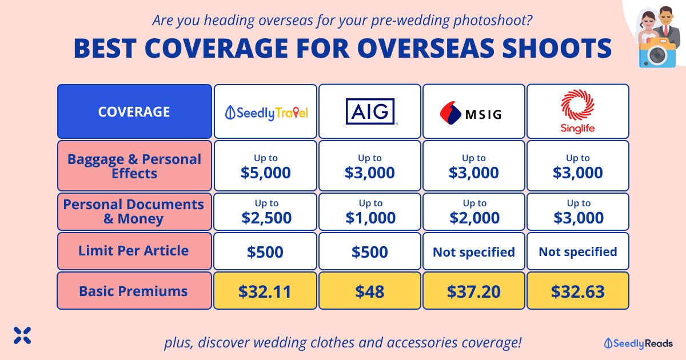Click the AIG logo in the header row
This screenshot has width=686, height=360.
tap(370, 111)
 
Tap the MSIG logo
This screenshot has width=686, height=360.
tap(470, 113)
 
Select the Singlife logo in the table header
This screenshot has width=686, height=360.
tap(577, 111)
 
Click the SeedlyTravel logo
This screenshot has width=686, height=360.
tap(266, 113)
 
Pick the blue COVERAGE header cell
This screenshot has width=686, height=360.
tap(134, 111)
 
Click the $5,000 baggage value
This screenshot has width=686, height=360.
tap(265, 173)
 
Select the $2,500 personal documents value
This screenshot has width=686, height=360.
tap(266, 218)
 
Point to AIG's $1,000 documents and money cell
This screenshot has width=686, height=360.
tap(370, 211)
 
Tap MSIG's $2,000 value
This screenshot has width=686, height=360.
tap(474, 218)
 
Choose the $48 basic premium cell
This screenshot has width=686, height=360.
tap(370, 291)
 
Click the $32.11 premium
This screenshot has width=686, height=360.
tap(265, 291)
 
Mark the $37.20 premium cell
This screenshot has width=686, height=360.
tap(474, 291)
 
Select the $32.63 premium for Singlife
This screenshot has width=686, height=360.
tap(577, 291)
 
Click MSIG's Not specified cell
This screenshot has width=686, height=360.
tap(474, 251)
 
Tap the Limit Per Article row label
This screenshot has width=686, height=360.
tap(133, 251)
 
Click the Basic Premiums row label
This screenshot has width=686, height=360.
tap(133, 291)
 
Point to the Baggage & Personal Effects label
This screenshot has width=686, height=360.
tap(134, 166)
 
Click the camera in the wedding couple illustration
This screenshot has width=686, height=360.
tap(657, 53)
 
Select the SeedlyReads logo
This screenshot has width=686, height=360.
tap(638, 343)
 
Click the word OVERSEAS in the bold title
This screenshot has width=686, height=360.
tap(426, 49)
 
